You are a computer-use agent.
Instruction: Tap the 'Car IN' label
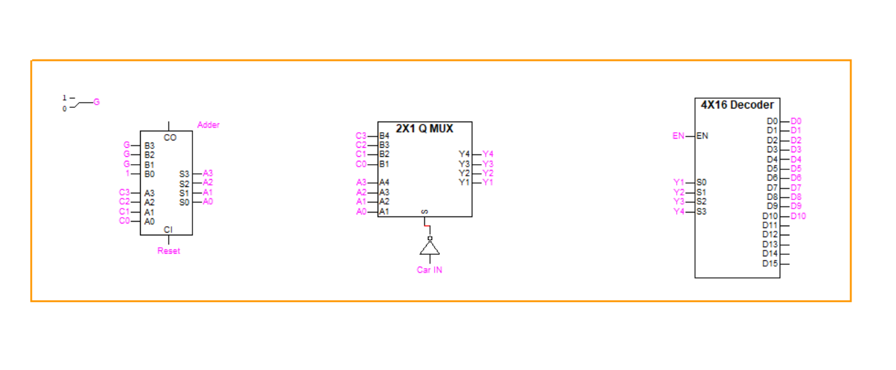[x=429, y=269]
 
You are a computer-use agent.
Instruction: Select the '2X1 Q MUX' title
[x=424, y=129]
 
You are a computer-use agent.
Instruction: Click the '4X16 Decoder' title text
[x=737, y=105]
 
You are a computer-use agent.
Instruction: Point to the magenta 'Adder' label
[x=208, y=125]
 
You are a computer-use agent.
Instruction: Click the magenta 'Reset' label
[x=168, y=251]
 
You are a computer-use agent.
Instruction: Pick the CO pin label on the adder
[x=170, y=138]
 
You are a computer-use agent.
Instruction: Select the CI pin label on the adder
[x=168, y=229]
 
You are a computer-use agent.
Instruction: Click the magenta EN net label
[x=678, y=136]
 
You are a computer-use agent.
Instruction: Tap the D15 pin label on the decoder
[x=770, y=263]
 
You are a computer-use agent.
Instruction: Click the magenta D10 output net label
[x=798, y=216]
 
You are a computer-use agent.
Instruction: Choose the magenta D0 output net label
[x=796, y=121]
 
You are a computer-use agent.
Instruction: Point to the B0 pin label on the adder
[x=150, y=174]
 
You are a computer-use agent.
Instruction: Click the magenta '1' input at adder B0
[x=127, y=174]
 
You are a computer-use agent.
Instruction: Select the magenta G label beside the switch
[x=97, y=102]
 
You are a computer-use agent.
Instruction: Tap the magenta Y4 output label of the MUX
[x=488, y=154]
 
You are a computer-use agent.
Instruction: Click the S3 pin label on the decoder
[x=702, y=211]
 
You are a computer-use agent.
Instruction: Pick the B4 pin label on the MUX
[x=384, y=136]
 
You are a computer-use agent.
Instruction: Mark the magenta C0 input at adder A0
[x=124, y=221]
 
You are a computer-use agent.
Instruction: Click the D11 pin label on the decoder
[x=770, y=226]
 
